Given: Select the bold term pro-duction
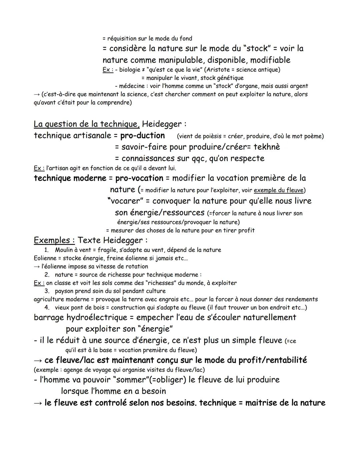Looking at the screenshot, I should click(x=142, y=136).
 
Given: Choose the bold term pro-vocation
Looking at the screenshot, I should click(x=139, y=178).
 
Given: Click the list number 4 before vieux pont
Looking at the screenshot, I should click(x=47, y=308).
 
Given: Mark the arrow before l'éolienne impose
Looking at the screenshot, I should click(x=37, y=267).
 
